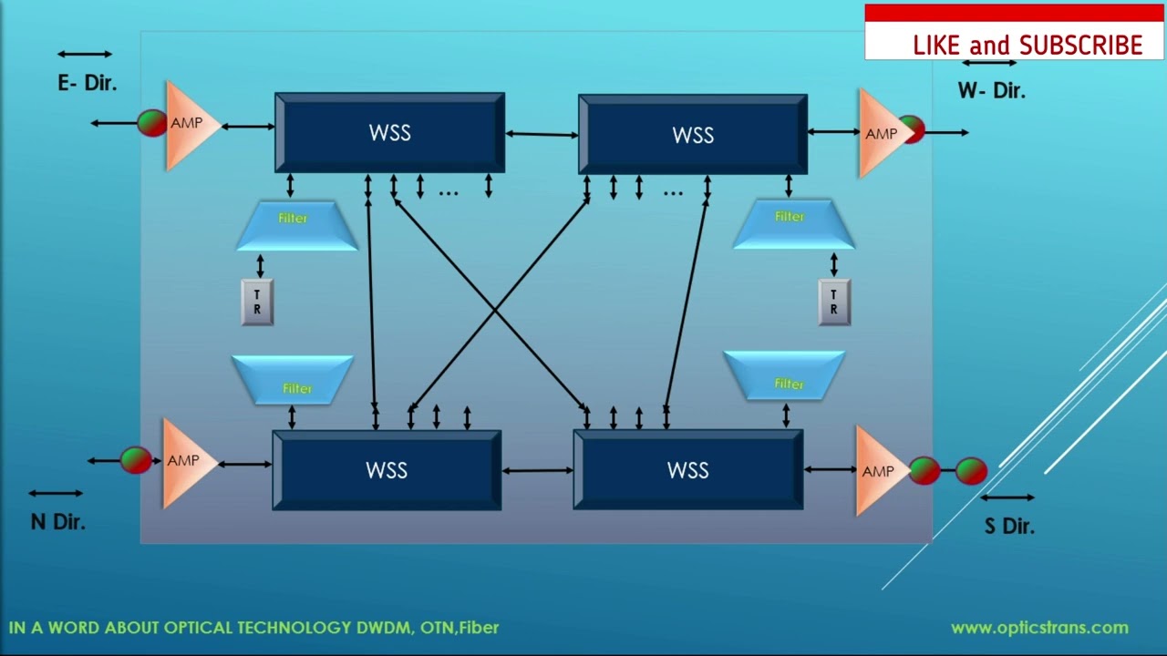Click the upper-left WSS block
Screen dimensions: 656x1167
click(x=389, y=133)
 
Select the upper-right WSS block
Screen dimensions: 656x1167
click(x=693, y=135)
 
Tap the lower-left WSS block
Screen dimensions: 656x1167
click(x=387, y=470)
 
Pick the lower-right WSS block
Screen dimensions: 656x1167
click(x=687, y=470)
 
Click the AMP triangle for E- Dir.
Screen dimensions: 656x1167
click(x=189, y=124)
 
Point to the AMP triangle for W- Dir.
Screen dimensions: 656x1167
click(x=879, y=134)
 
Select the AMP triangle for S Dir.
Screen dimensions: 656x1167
click(x=877, y=471)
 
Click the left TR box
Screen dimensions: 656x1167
click(x=257, y=302)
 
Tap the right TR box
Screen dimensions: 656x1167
click(x=833, y=302)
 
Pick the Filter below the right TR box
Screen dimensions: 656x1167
click(x=786, y=375)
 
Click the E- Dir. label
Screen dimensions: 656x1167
click(x=88, y=83)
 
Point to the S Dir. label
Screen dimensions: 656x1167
click(x=1009, y=526)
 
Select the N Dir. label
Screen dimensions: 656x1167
click(x=58, y=522)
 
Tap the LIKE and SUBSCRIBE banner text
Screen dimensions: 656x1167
click(x=1028, y=46)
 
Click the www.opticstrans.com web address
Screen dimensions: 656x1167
click(x=1039, y=628)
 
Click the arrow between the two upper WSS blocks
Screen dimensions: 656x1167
click(x=542, y=135)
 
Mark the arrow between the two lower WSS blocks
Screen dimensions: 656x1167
click(x=537, y=471)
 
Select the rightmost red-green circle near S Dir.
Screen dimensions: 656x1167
click(x=971, y=471)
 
